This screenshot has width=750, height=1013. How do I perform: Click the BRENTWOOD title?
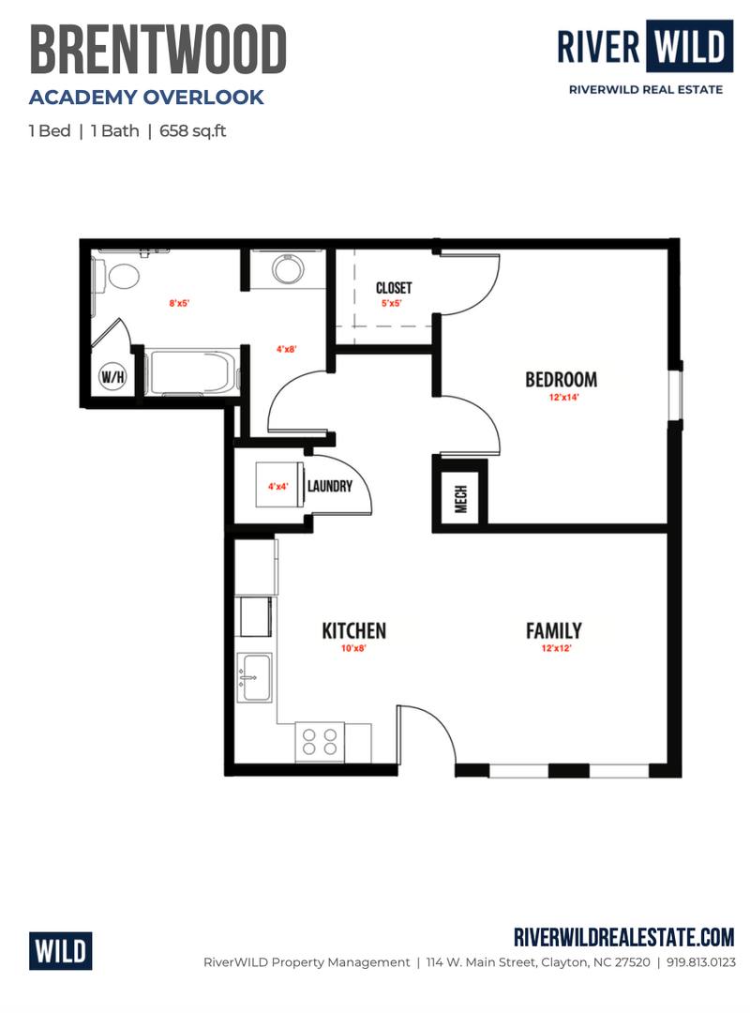[x=158, y=50]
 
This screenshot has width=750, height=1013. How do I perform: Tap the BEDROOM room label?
[x=561, y=379]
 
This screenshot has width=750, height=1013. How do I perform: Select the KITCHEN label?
[x=354, y=630]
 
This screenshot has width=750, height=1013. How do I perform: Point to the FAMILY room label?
[x=554, y=630]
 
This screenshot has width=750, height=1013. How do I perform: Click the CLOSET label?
[x=394, y=288]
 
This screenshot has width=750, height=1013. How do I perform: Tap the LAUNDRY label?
[x=329, y=486]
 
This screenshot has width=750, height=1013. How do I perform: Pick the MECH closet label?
[x=461, y=499]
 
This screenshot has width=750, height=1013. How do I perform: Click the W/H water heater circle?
[x=112, y=376]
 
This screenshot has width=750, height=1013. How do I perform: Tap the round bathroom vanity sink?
[x=287, y=269]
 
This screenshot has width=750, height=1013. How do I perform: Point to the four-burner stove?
[x=320, y=742]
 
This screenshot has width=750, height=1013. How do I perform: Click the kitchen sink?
[x=255, y=677]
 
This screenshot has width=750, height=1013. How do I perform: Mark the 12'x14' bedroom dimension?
[x=563, y=398]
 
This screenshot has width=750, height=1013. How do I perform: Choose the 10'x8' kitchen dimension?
[x=353, y=648]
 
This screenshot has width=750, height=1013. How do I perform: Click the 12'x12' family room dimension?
[x=556, y=648]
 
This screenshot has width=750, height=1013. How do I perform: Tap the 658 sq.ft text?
[x=192, y=131]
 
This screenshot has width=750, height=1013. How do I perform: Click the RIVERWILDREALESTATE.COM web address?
[x=624, y=937]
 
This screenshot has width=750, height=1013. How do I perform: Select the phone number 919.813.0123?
[x=700, y=962]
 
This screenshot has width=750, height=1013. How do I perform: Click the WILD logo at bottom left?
[x=60, y=951]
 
